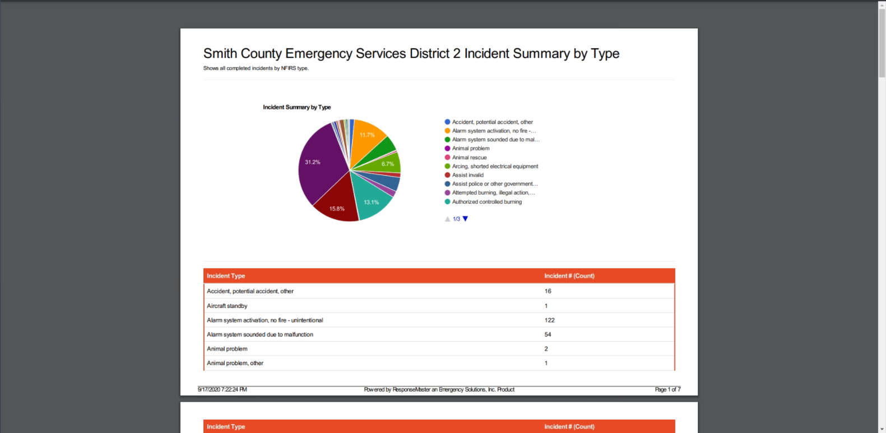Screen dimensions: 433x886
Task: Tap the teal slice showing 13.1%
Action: (370, 200)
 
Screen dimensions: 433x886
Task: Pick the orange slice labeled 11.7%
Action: (367, 137)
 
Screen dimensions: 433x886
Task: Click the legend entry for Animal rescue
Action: (469, 158)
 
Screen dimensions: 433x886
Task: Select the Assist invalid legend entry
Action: (467, 175)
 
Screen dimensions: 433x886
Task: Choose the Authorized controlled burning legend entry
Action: (486, 202)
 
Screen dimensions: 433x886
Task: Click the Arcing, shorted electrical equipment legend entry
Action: (495, 167)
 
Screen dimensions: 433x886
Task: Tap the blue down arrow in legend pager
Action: (465, 219)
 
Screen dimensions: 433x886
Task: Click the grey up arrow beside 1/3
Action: (447, 219)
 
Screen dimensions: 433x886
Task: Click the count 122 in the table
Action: (549, 320)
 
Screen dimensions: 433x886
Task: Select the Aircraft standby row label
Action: (227, 306)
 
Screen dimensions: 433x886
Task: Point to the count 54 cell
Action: (548, 334)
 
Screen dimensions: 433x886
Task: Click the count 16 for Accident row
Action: (548, 291)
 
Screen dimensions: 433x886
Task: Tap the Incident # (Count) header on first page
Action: (569, 276)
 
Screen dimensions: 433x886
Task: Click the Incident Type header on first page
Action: (226, 276)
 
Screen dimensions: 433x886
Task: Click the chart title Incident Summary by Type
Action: (297, 107)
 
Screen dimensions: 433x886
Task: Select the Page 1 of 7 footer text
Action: (667, 389)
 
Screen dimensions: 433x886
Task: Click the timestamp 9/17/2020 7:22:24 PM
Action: (222, 389)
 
